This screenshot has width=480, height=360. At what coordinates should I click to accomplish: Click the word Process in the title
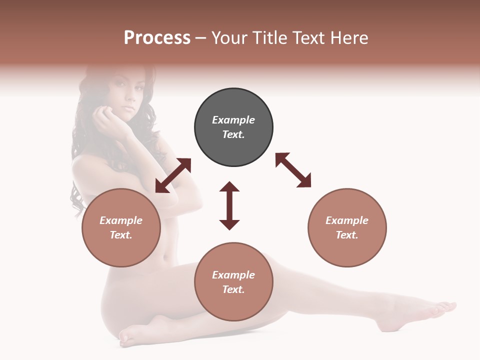tap(157, 38)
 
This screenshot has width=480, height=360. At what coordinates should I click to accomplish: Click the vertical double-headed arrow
tap(229, 205)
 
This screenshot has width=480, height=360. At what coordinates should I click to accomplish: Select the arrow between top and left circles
tap(173, 175)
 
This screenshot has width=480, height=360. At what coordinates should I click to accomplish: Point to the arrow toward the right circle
tap(293, 170)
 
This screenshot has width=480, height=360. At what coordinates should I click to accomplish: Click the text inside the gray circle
tap(233, 127)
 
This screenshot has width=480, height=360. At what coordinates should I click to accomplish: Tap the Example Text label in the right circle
tap(347, 227)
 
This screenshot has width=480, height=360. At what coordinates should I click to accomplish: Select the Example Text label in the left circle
tap(121, 227)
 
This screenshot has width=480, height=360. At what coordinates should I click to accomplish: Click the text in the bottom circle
tap(233, 282)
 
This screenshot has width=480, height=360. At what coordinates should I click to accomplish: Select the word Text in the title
tap(309, 38)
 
